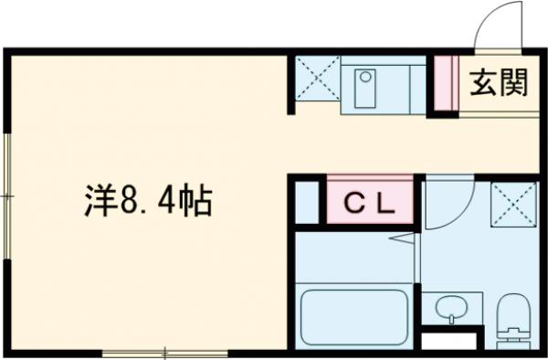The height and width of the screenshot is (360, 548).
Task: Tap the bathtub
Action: pos(354,316)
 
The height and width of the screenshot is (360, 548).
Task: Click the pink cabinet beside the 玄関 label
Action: pos(444,84)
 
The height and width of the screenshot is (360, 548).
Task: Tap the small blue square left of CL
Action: pos(308,203)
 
